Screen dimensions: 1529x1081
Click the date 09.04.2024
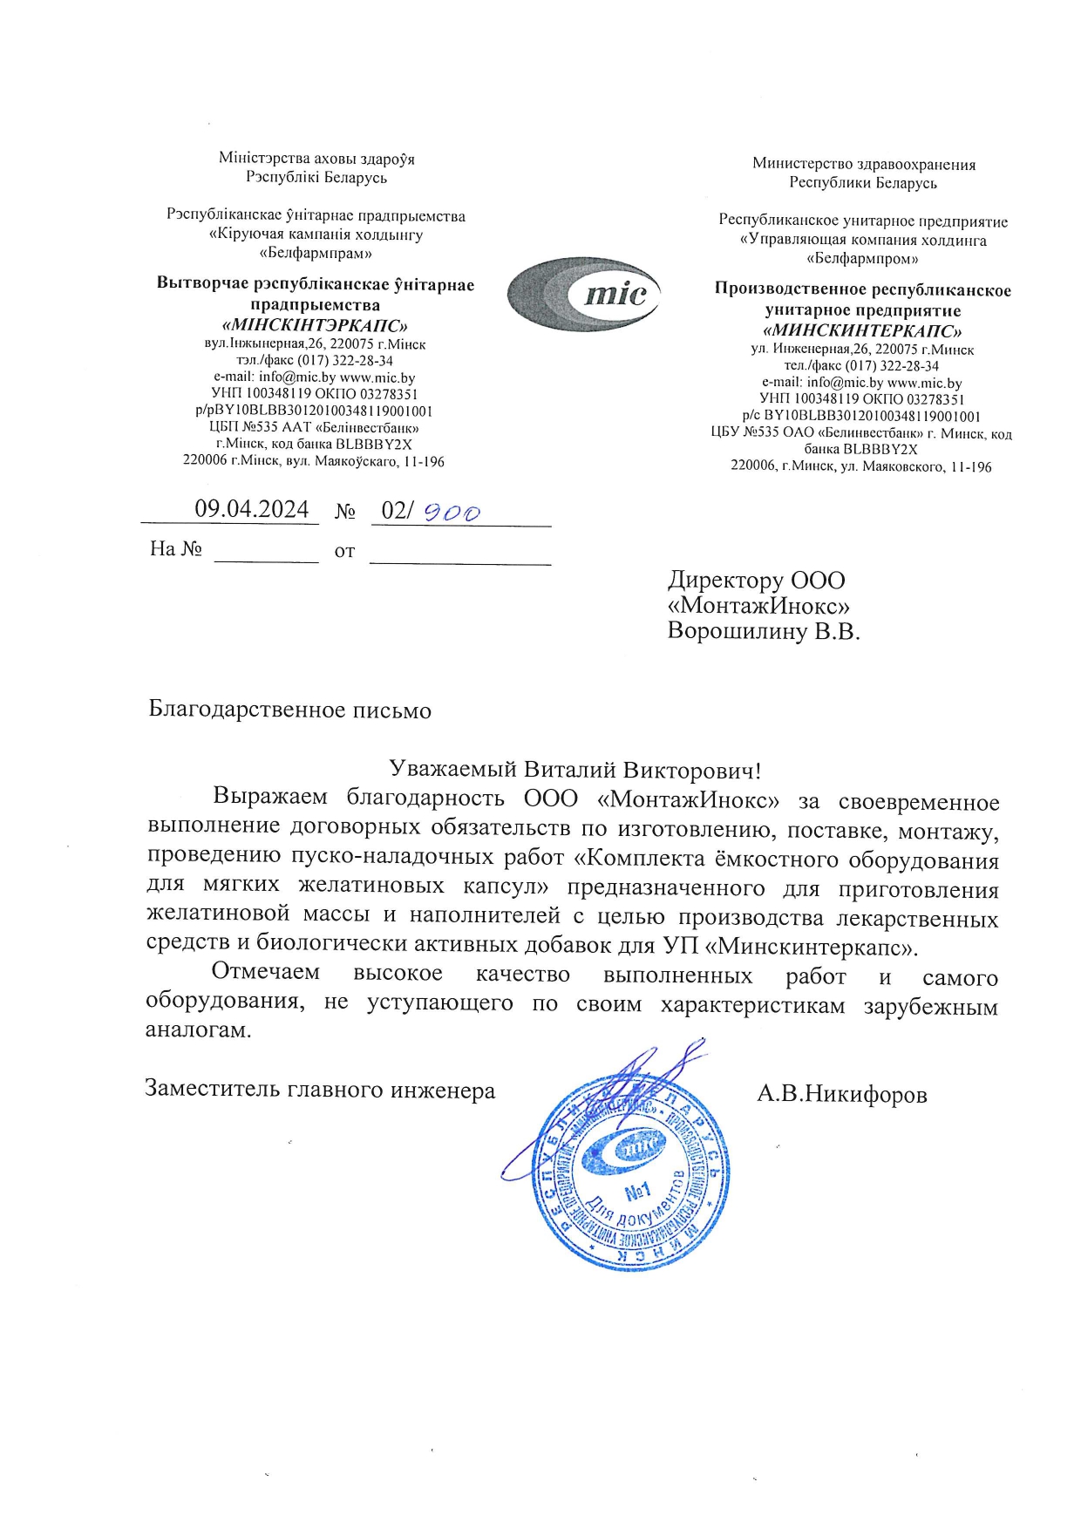pyautogui.click(x=251, y=509)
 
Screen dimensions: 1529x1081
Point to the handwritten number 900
pyautogui.click(x=452, y=513)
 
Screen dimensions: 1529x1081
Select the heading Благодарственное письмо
pyautogui.click(x=290, y=710)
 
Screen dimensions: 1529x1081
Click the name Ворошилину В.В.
pyautogui.click(x=764, y=631)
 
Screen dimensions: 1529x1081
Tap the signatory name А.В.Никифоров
pyautogui.click(x=841, y=1093)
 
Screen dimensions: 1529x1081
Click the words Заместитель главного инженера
pyautogui.click(x=320, y=1089)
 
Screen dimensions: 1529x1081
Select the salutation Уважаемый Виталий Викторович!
pyautogui.click(x=575, y=770)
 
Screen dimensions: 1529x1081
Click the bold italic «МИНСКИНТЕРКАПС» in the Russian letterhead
pyautogui.click(x=862, y=331)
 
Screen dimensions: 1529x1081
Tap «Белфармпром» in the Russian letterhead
pyautogui.click(x=862, y=259)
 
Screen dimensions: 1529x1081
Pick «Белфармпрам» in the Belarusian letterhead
pyautogui.click(x=316, y=254)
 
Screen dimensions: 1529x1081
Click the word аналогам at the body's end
pyautogui.click(x=199, y=1030)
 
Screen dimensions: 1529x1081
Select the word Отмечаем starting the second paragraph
pyautogui.click(x=266, y=972)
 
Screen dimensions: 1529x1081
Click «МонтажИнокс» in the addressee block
pyautogui.click(x=758, y=606)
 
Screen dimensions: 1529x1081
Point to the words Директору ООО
pyautogui.click(x=757, y=581)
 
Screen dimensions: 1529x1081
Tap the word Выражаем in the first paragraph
pyautogui.click(x=270, y=797)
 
